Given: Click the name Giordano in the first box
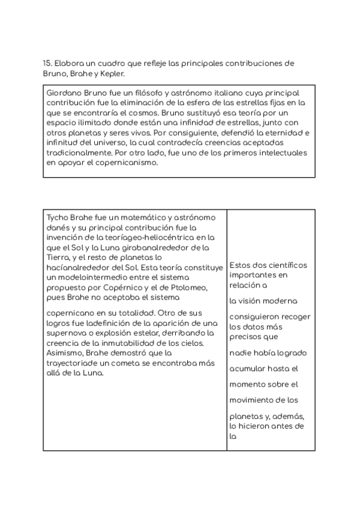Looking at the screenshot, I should (63, 93).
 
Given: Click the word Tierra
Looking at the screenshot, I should (58, 257).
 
